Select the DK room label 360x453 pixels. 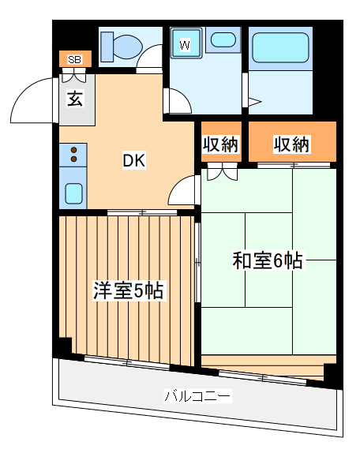133,160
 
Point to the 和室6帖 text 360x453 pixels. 268,260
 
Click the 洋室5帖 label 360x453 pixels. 128,290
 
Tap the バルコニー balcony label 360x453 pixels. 197,395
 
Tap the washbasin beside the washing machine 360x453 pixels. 224,40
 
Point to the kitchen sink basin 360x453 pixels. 73,192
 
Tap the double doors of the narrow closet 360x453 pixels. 220,169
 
